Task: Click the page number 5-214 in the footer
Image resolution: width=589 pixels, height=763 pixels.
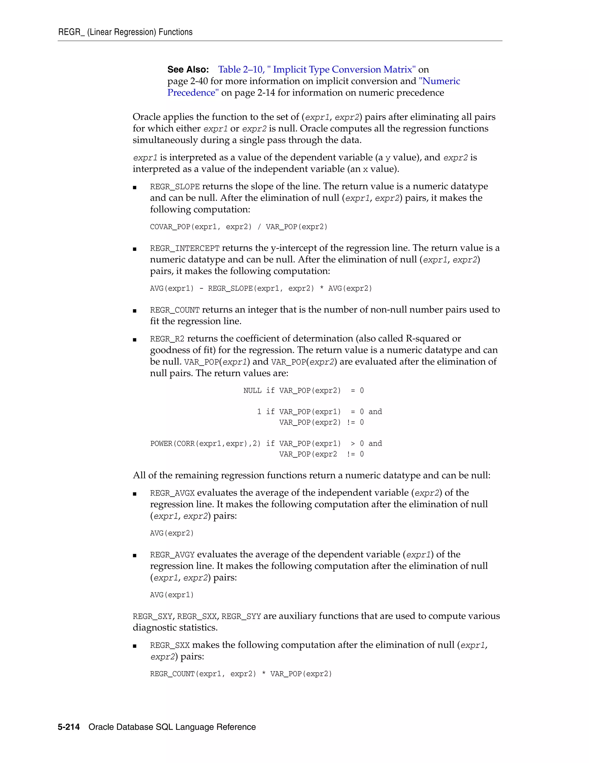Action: [69, 727]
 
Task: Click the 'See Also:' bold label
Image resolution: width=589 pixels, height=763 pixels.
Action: [188, 69]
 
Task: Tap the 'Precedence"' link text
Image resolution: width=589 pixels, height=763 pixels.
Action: [193, 93]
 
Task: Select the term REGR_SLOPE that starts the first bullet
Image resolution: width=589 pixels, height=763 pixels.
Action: [175, 187]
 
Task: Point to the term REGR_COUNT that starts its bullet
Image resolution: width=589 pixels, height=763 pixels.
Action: [175, 310]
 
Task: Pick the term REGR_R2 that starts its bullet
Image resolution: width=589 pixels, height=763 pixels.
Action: [167, 339]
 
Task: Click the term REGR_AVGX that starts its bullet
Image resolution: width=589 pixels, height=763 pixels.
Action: [172, 493]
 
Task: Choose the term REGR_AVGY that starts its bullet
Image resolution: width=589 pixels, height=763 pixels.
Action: [172, 555]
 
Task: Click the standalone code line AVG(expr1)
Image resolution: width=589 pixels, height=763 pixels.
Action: [172, 595]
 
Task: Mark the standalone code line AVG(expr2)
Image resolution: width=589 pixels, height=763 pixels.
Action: [172, 534]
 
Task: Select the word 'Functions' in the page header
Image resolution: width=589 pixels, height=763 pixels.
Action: [175, 32]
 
